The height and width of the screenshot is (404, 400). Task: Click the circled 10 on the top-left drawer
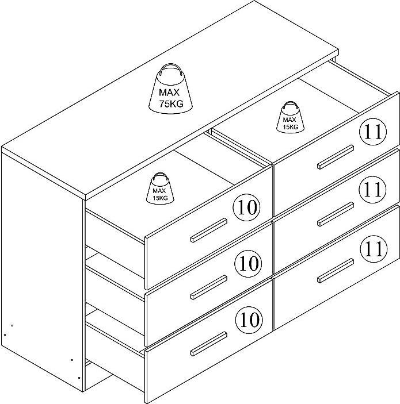[x=247, y=207]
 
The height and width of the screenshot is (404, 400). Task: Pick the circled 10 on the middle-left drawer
[x=248, y=264]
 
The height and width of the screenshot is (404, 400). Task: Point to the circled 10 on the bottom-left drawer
[x=249, y=320]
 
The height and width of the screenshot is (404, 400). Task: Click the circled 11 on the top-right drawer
[x=373, y=132]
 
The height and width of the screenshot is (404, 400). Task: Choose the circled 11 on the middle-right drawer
[x=373, y=190]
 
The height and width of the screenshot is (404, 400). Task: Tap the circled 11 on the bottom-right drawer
[x=375, y=249]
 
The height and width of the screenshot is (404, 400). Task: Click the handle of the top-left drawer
[x=209, y=230]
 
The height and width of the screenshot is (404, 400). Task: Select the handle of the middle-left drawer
[x=209, y=287]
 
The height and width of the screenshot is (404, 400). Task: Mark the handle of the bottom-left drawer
[x=209, y=344]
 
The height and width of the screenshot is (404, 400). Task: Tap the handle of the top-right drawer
[x=336, y=157]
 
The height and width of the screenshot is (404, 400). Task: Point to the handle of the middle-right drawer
[x=336, y=214]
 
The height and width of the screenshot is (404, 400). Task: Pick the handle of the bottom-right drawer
[x=336, y=271]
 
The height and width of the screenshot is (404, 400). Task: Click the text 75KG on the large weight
[x=171, y=103]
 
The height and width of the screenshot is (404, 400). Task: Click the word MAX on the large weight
[x=169, y=93]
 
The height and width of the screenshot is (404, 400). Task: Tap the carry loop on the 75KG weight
[x=170, y=69]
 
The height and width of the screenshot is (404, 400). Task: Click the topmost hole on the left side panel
[x=12, y=325]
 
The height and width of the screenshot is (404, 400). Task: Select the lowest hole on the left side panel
[x=79, y=378]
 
